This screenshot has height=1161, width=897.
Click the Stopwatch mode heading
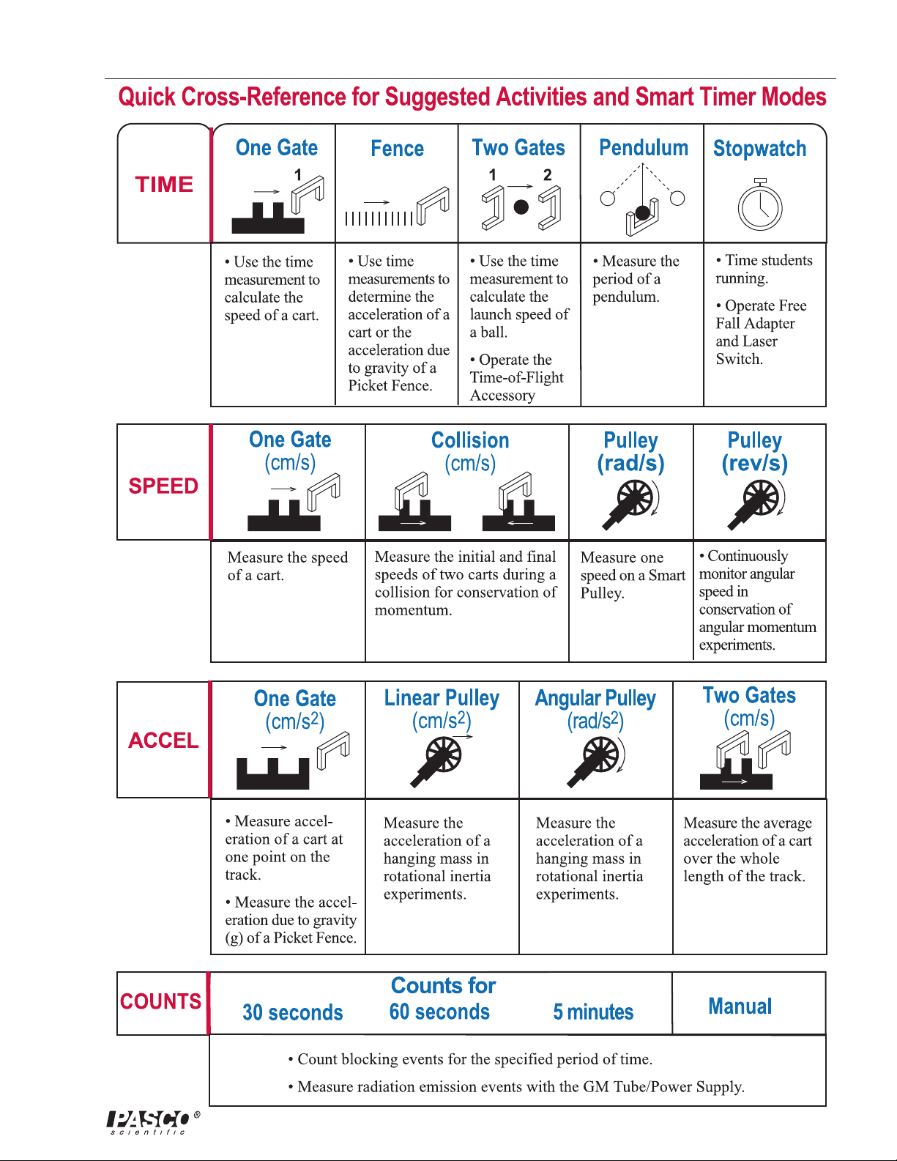click(759, 149)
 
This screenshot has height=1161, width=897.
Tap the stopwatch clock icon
click(760, 207)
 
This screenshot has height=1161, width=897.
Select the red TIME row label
click(164, 184)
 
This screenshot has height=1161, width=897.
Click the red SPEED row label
click(163, 486)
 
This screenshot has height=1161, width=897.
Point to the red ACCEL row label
click(163, 741)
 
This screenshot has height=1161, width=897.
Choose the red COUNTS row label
click(160, 1001)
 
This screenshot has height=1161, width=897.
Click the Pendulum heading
click(643, 148)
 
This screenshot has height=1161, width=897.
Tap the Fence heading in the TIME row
click(397, 149)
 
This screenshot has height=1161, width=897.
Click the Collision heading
click(470, 440)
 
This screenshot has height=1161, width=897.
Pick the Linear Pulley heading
click(442, 698)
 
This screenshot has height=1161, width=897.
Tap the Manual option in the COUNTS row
click(740, 1006)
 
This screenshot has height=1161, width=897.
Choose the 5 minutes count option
click(593, 1012)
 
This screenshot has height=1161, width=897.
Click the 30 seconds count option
click(293, 1012)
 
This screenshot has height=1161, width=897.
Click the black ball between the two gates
click(521, 207)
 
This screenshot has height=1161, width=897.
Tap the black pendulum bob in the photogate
click(642, 213)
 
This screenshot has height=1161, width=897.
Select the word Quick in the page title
click(146, 97)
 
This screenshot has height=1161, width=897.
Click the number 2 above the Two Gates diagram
click(547, 175)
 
